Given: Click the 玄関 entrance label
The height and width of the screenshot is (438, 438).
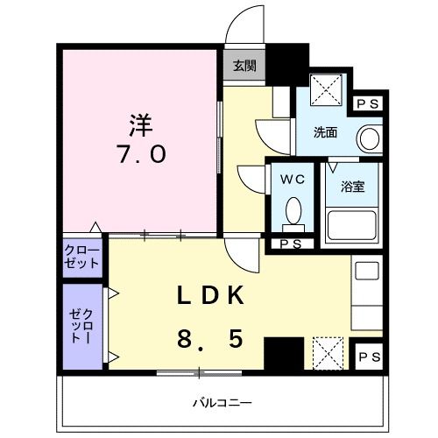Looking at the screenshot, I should (x=245, y=65).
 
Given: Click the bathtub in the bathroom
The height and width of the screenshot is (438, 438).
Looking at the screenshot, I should (x=350, y=225).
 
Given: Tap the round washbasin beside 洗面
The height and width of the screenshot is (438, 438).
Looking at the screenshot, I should (x=370, y=138).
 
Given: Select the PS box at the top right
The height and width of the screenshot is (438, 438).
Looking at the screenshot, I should (x=368, y=103).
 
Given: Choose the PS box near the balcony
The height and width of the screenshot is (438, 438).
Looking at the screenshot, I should (x=368, y=357).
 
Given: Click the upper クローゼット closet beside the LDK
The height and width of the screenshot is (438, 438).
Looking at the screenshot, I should (x=82, y=256).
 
